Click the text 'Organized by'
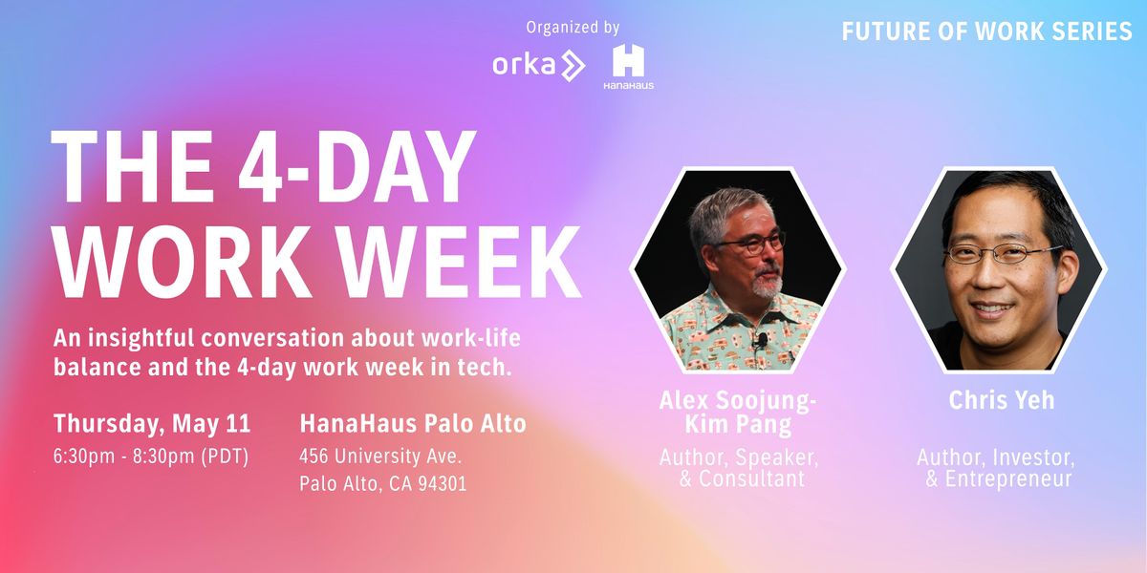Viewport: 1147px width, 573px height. pos(573,28)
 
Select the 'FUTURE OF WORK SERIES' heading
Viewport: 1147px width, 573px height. pos(986,32)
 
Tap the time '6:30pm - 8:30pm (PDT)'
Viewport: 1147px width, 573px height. pos(151,456)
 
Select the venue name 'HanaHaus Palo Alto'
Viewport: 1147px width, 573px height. pos(412,423)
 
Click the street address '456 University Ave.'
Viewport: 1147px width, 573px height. pos(381,456)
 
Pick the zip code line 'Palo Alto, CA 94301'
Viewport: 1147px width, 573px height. pos(382,484)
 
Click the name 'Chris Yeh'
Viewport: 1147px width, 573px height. pos(1001,400)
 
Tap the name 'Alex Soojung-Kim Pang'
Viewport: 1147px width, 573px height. pos(738,413)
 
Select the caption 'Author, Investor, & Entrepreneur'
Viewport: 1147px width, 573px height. pos(996,468)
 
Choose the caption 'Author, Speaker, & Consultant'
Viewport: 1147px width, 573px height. pos(739,468)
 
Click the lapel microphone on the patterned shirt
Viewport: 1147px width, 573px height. pos(761,339)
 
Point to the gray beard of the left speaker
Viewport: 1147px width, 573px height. pos(769,283)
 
